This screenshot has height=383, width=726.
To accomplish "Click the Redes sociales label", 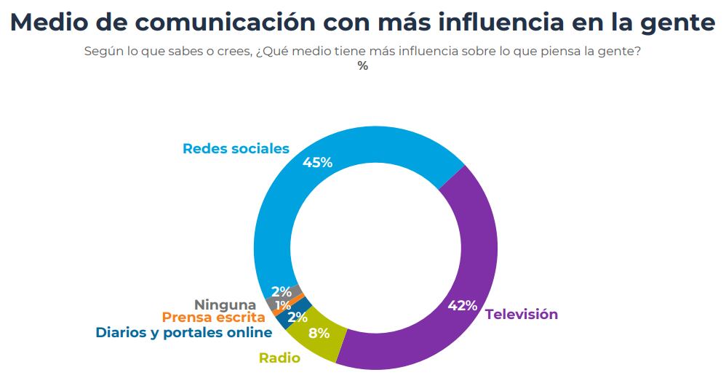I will pyautogui.click(x=236, y=149).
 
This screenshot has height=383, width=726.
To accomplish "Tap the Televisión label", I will pyautogui.click(x=521, y=315).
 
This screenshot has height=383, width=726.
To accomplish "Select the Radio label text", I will pyautogui.click(x=279, y=358).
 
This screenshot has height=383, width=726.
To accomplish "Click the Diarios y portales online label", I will pyautogui.click(x=183, y=333).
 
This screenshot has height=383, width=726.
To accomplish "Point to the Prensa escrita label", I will pyautogui.click(x=213, y=318).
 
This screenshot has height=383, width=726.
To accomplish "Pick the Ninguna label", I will pyautogui.click(x=225, y=305).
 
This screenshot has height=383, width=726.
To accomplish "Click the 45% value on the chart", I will pyautogui.click(x=317, y=163).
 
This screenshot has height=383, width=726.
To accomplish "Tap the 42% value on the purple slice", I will pyautogui.click(x=462, y=305).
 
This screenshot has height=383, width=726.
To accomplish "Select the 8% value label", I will pyautogui.click(x=319, y=334).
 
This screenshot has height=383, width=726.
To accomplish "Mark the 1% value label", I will pyautogui.click(x=283, y=305).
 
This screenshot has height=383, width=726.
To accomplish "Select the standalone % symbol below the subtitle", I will pyautogui.click(x=362, y=66).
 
